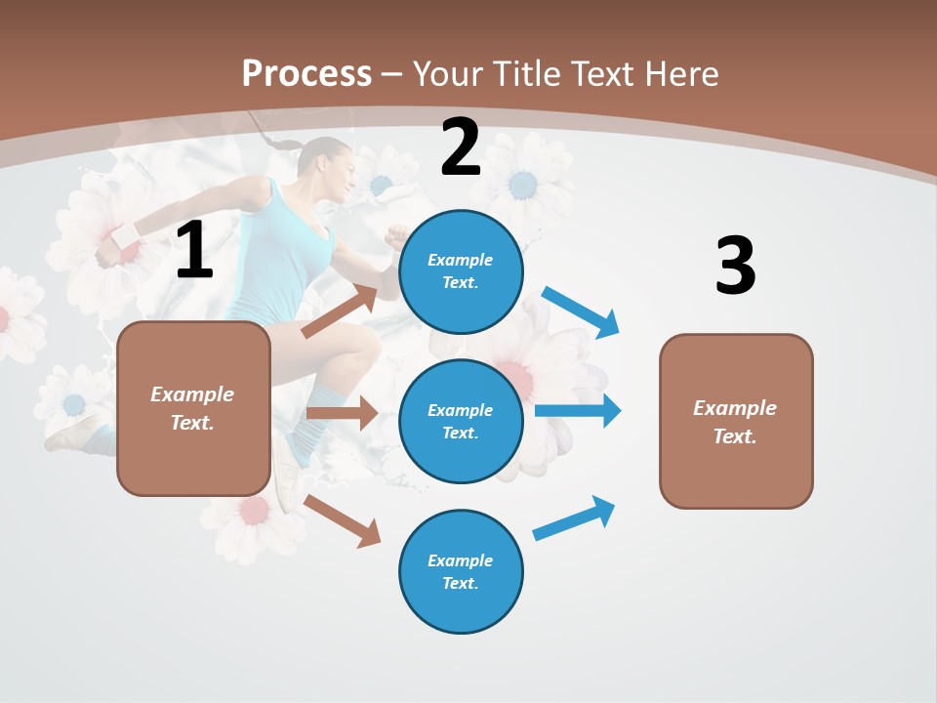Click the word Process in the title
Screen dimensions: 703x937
click(x=306, y=74)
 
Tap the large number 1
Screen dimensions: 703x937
click(x=194, y=251)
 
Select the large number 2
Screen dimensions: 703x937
click(x=461, y=147)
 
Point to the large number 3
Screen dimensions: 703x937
click(x=735, y=267)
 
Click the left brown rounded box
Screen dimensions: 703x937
click(x=193, y=408)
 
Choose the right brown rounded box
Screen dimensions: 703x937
click(x=736, y=421)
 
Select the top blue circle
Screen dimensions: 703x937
click(x=461, y=271)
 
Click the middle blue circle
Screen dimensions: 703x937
click(x=461, y=421)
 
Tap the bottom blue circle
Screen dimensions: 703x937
click(x=461, y=571)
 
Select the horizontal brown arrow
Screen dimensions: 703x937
click(x=342, y=413)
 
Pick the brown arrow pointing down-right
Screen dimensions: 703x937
click(x=343, y=520)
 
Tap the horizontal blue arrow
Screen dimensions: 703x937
click(x=578, y=410)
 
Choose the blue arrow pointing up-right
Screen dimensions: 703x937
click(x=575, y=518)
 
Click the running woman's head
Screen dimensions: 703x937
click(x=327, y=166)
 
